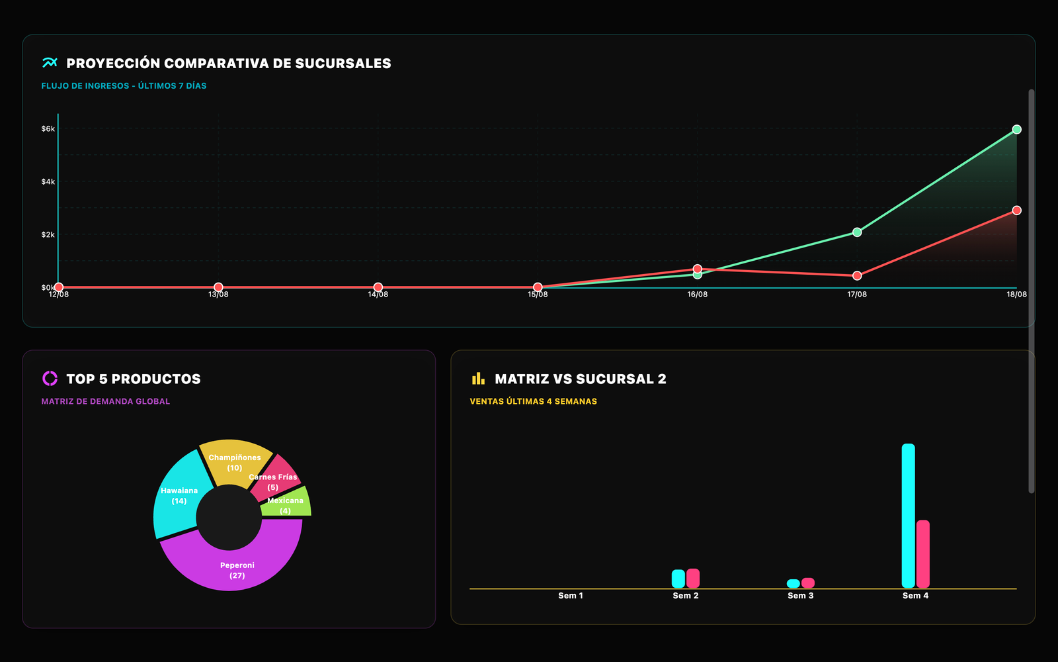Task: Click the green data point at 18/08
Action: click(x=1016, y=130)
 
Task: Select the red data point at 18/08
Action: click(x=1016, y=211)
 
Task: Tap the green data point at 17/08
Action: click(x=857, y=232)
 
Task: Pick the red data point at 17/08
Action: click(x=857, y=275)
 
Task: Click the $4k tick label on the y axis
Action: click(x=48, y=181)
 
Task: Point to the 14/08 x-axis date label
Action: click(x=378, y=294)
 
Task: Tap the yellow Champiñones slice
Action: click(x=235, y=461)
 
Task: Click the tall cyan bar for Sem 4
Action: click(x=908, y=516)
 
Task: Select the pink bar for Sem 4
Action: click(x=923, y=554)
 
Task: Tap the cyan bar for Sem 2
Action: click(x=678, y=579)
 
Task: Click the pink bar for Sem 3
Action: click(x=807, y=583)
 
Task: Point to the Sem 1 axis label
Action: click(x=571, y=596)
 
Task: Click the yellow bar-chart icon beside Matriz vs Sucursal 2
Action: click(x=478, y=378)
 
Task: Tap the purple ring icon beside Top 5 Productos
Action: click(x=50, y=378)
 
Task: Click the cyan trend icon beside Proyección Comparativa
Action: click(x=50, y=62)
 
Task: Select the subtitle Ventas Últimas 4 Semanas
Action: click(x=533, y=401)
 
